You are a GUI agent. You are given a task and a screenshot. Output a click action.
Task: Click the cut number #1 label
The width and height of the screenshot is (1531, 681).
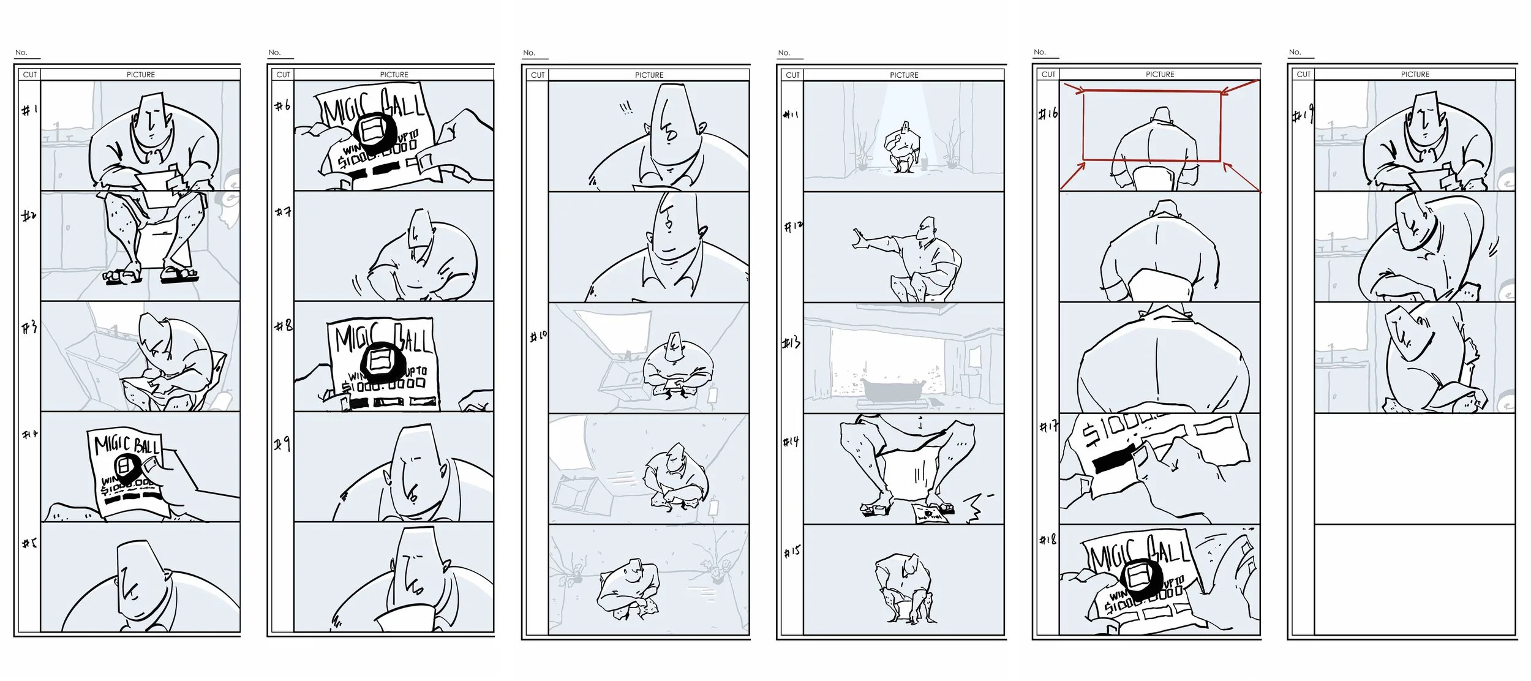[x=29, y=110]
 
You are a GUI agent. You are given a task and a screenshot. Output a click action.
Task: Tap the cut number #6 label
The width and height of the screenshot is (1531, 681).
[x=282, y=106]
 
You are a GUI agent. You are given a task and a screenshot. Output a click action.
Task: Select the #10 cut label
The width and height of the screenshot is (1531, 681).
[x=538, y=336]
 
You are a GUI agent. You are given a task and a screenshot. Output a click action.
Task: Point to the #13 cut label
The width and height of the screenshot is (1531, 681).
[x=791, y=343]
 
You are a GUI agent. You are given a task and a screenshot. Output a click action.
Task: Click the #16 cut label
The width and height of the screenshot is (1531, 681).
[x=1048, y=114]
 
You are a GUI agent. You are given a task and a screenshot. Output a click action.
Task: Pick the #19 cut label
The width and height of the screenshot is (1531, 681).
[x=1303, y=115]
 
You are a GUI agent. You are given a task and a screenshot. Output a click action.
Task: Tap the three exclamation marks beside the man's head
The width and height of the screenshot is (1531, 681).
[x=626, y=108]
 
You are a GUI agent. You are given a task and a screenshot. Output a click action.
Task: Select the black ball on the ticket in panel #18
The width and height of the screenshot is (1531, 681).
[x=1140, y=576]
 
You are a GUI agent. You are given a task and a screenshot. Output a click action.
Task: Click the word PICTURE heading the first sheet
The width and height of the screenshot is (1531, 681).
[x=140, y=75]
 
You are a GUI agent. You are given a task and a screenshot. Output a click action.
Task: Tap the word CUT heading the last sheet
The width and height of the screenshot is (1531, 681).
[x=1303, y=74]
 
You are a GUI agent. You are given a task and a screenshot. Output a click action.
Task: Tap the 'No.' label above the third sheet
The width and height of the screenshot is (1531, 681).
[x=529, y=53]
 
